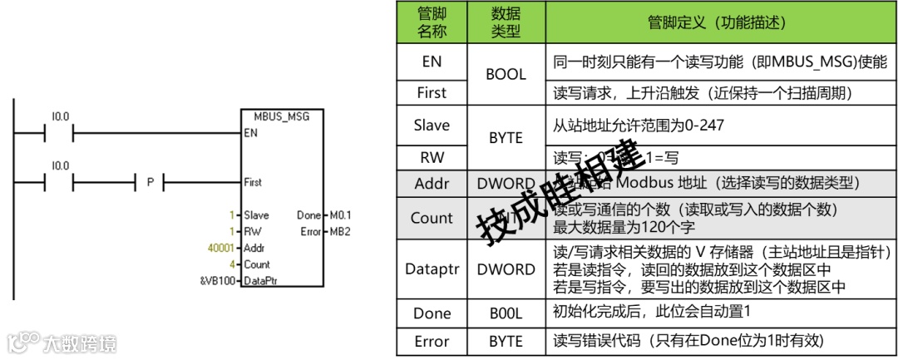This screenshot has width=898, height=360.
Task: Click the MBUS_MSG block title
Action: pos(281,116)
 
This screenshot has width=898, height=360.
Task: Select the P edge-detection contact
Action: pos(150,180)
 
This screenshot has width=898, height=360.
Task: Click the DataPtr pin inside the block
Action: pos(260,281)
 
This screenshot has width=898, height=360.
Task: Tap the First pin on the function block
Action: pos(254,181)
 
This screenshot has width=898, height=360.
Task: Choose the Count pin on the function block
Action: pos(258,264)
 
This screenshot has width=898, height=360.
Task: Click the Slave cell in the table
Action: pos(431,126)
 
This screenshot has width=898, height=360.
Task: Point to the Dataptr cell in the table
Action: pos(431,269)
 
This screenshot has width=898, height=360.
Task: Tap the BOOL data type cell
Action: pos(506,74)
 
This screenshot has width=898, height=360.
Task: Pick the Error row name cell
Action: pos(431,341)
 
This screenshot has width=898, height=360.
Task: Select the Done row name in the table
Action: pos(431,313)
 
